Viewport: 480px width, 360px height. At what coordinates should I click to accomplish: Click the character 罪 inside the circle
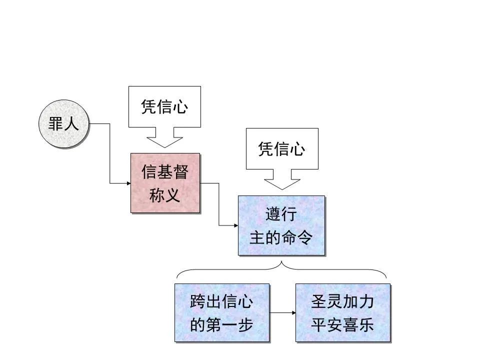(x=55, y=124)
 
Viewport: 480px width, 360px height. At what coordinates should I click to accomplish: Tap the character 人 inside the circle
(x=71, y=124)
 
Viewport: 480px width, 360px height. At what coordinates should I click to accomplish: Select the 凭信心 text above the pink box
(x=164, y=107)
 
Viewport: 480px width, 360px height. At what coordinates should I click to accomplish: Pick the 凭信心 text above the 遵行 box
(x=281, y=149)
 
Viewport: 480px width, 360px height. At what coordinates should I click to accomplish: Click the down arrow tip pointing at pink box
(x=164, y=146)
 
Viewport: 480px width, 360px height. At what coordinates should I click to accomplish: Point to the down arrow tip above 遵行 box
(x=281, y=189)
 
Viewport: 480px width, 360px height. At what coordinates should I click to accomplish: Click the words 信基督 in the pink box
(x=165, y=172)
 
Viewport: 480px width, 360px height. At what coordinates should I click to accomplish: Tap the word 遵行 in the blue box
(x=281, y=214)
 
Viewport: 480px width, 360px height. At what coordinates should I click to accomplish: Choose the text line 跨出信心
(x=221, y=302)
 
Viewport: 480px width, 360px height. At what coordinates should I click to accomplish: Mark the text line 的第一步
(x=221, y=325)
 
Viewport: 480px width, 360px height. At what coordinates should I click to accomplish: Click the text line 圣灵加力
(x=342, y=302)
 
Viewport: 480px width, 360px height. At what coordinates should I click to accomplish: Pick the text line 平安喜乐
(x=342, y=325)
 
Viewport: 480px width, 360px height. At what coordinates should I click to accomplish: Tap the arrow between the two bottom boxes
(x=282, y=313)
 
